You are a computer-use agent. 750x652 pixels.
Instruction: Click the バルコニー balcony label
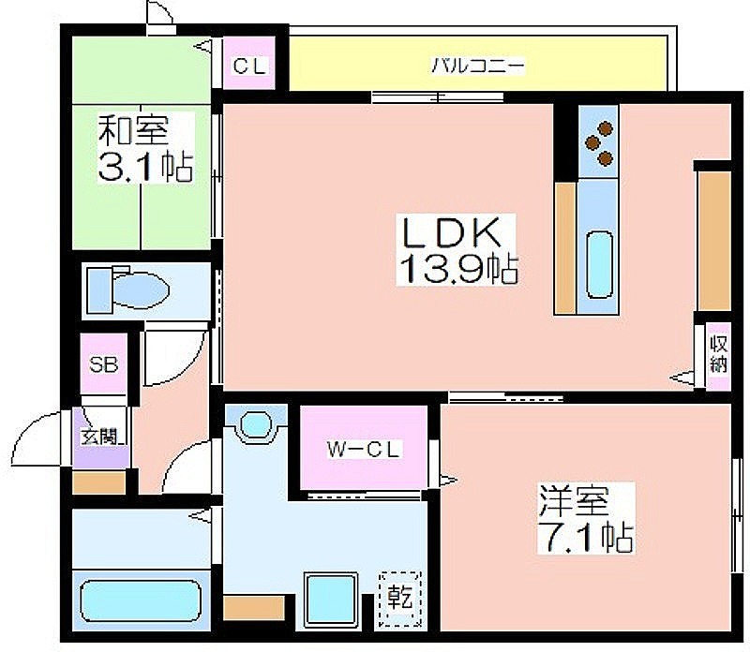478,65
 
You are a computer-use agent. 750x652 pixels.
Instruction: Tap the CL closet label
248,66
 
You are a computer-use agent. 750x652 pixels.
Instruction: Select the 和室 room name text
133,129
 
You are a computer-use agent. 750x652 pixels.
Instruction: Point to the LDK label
452,231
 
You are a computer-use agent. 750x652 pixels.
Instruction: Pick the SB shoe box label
104,364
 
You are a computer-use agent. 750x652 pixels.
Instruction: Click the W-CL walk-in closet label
363,450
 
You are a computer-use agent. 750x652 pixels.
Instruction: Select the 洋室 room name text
574,500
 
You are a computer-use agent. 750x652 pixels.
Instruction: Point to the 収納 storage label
718,354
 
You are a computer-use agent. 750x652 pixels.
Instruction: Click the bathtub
140,600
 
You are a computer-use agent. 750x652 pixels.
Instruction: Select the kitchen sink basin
599,266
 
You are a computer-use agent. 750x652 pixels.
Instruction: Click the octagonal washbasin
256,423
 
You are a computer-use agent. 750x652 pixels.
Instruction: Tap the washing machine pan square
331,600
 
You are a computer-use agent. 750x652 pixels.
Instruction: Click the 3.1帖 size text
145,167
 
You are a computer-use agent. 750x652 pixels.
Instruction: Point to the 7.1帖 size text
586,537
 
